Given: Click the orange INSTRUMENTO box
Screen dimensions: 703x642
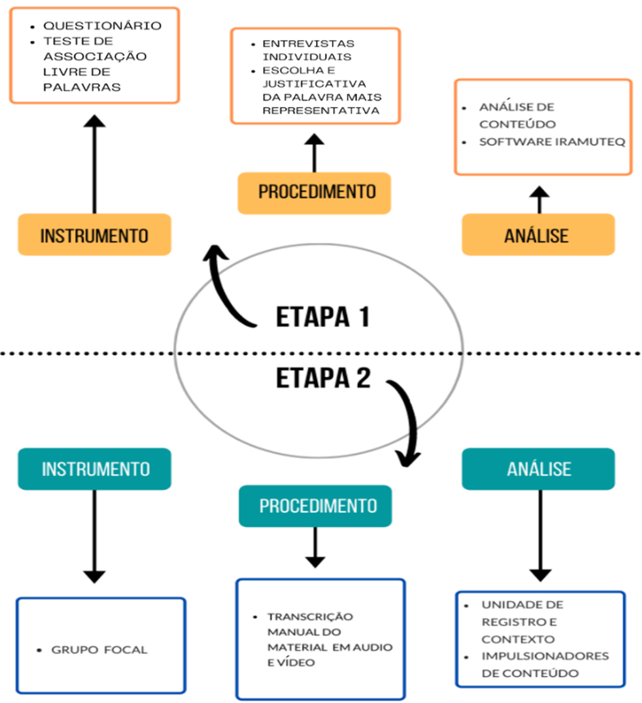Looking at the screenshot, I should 95,235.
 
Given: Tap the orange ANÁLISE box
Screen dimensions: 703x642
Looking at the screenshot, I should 537,235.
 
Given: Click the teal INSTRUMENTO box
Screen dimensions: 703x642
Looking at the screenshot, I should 95,469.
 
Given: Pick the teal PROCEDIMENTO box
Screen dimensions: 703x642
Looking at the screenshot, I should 315,506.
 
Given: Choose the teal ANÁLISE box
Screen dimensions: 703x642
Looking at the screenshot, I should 538,469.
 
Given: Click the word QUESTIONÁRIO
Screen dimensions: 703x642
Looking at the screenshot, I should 101,25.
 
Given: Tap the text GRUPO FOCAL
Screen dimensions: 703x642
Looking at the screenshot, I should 100,650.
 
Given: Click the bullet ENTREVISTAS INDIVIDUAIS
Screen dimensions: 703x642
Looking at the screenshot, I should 307,49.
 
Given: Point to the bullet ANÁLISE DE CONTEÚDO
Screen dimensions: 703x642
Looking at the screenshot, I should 519,115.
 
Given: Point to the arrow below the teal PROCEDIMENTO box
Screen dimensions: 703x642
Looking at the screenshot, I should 314,546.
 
